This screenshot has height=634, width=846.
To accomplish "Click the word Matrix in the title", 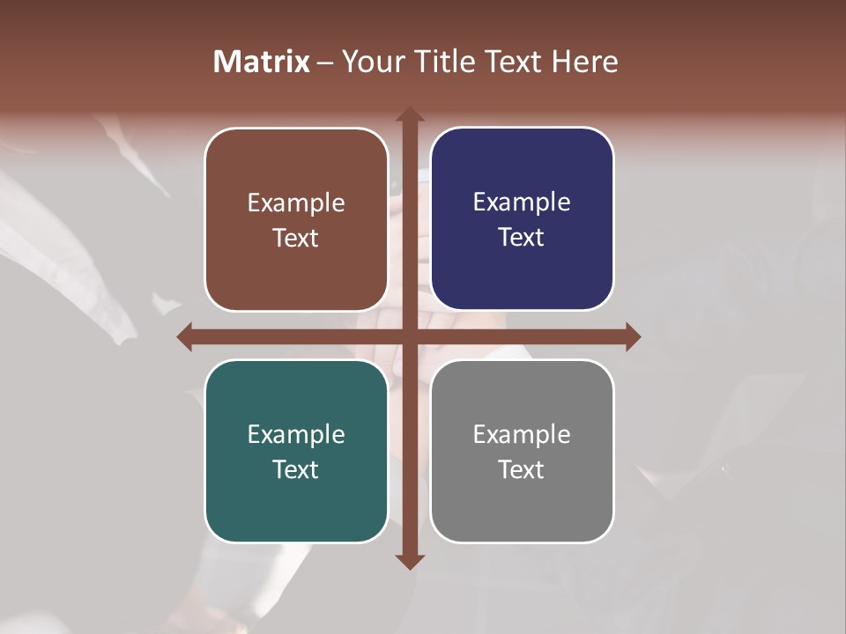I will click(262, 62).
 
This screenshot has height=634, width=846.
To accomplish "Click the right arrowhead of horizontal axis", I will click(633, 336).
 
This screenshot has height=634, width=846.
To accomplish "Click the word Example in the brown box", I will click(296, 203).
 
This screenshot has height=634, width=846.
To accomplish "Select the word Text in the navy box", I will click(522, 238).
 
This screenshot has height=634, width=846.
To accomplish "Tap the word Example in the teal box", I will click(296, 435).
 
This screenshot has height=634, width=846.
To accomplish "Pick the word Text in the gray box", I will click(522, 470).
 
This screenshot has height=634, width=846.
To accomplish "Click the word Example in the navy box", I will click(522, 203).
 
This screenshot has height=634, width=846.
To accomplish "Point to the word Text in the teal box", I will click(296, 470).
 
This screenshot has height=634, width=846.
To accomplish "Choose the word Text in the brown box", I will click(296, 239).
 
